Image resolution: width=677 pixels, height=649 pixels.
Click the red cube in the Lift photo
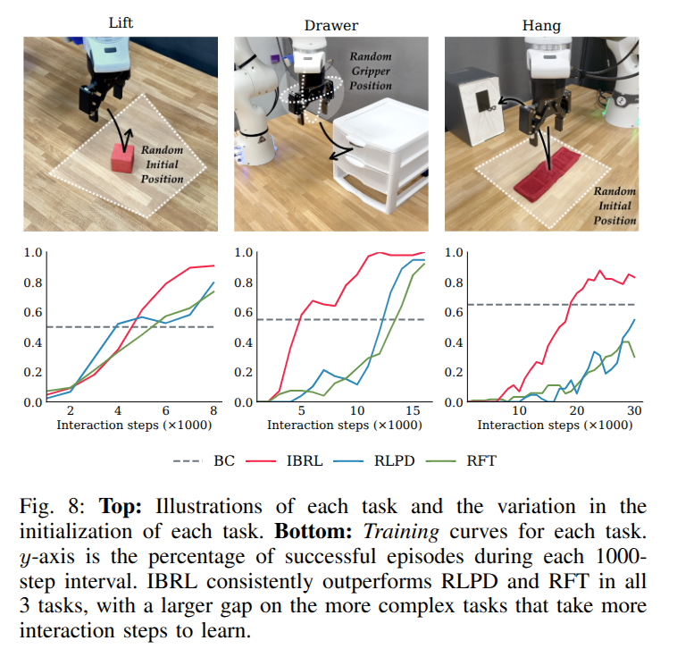coord(122,157)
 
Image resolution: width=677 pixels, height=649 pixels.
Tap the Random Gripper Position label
coord(371,71)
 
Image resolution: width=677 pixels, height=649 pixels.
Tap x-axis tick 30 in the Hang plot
coord(635,411)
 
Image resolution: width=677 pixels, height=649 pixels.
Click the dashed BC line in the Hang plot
coord(500,305)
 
